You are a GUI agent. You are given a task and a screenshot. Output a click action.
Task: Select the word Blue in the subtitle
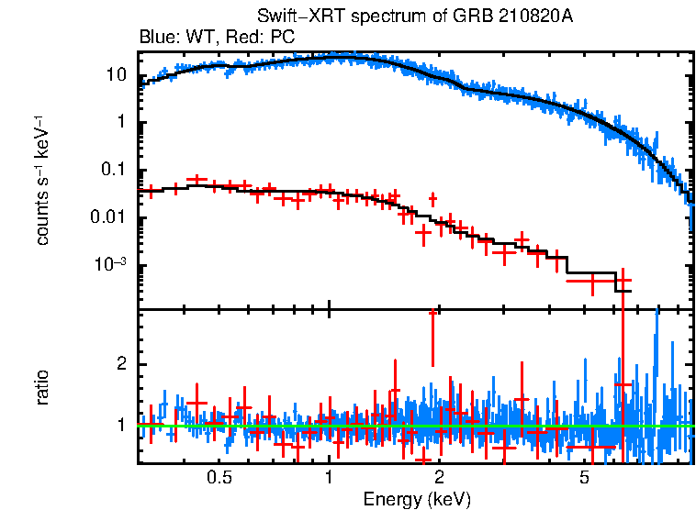point(156,38)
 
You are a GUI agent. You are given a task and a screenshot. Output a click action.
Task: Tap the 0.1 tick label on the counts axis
point(113,171)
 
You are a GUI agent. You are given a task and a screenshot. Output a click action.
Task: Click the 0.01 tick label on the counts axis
point(109,218)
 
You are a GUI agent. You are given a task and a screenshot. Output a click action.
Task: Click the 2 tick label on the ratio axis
point(120,364)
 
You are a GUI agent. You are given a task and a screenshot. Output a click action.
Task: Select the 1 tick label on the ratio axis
point(120,425)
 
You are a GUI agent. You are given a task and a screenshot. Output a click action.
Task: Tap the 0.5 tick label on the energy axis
point(219,478)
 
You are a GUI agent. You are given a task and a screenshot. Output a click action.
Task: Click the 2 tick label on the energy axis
point(439,478)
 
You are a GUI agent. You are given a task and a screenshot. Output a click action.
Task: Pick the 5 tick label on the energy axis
point(585,478)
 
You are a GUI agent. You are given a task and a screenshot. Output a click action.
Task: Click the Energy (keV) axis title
point(417,499)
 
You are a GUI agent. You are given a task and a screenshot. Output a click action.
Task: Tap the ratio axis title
point(42,387)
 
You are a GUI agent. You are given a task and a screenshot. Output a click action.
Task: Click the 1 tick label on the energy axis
point(329,478)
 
